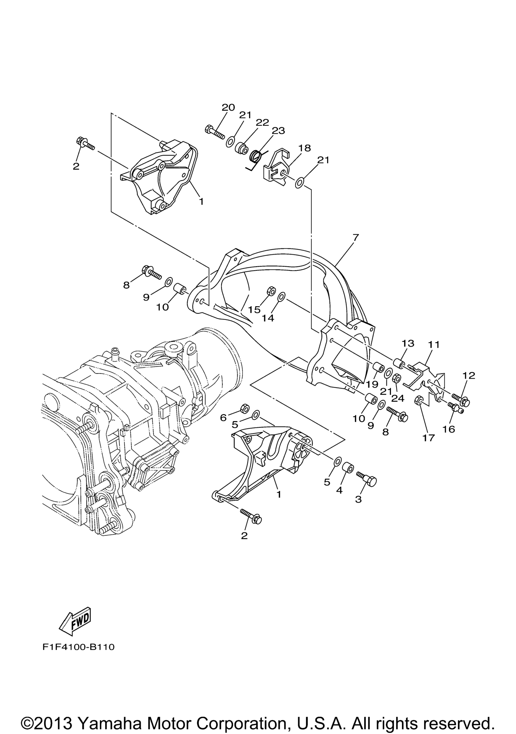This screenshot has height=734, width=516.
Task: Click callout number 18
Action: [305, 148]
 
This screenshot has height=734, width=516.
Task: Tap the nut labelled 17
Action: [419, 400]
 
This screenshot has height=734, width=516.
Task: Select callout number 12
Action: [468, 376]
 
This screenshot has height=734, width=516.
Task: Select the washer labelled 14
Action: [281, 297]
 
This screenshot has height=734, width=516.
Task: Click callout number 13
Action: [408, 343]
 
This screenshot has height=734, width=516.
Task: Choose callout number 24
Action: [400, 398]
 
